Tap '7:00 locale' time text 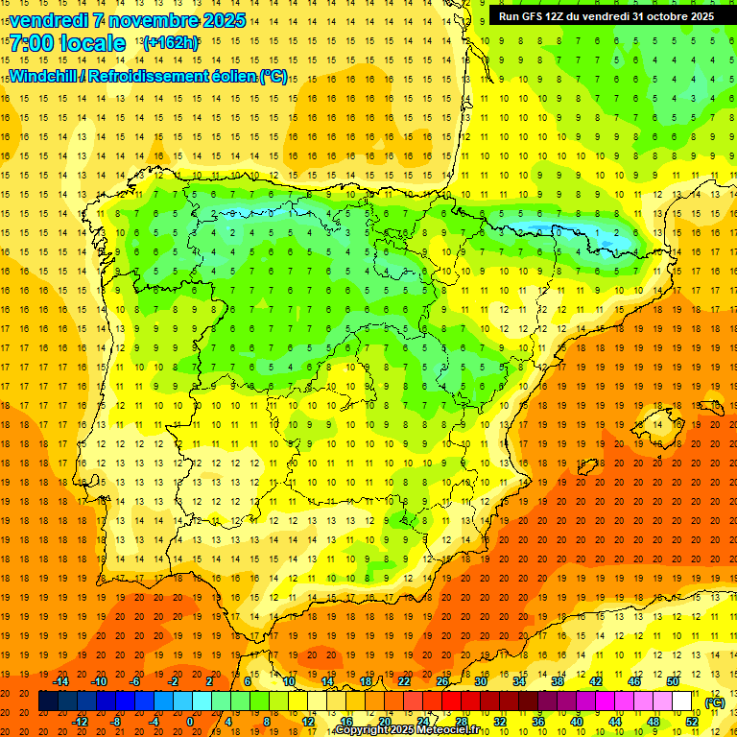click(x=68, y=43)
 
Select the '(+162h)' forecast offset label click(x=170, y=42)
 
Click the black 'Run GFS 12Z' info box click(x=606, y=16)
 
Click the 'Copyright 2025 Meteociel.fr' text click(x=407, y=730)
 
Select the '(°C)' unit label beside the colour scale click(x=714, y=701)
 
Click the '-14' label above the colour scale click(x=60, y=681)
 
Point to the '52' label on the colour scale click(x=692, y=722)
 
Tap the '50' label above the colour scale click(x=673, y=681)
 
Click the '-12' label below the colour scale click(x=80, y=722)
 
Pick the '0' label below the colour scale click(x=190, y=722)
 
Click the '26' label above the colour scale click(x=442, y=681)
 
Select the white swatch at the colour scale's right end click(x=682, y=701)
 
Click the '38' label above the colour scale click(x=558, y=681)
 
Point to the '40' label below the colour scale click(x=577, y=722)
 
